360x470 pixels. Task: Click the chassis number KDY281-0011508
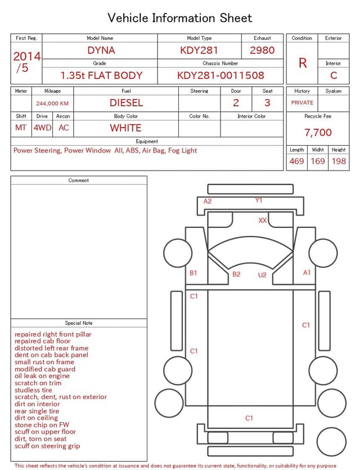(x=220, y=75)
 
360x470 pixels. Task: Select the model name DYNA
(x=101, y=50)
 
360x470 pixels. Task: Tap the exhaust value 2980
(x=262, y=50)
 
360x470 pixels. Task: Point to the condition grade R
(x=303, y=63)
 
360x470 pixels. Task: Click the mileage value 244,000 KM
(x=52, y=104)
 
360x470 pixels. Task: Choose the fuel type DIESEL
(x=126, y=103)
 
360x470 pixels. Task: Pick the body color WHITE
(x=125, y=128)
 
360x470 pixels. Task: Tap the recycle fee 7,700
(x=318, y=132)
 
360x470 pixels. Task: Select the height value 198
(x=339, y=161)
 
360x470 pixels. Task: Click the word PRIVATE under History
(x=302, y=102)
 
